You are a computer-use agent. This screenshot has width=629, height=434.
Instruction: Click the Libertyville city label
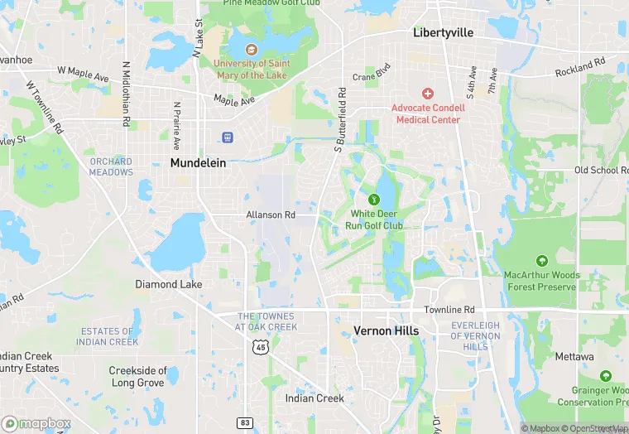[x=443, y=33]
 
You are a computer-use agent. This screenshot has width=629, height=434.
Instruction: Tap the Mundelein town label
[x=198, y=163]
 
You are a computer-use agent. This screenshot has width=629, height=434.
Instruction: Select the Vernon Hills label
[x=386, y=330]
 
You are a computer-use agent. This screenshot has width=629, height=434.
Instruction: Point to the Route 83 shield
[x=245, y=422]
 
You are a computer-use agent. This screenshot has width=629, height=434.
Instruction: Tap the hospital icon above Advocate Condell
[x=427, y=94]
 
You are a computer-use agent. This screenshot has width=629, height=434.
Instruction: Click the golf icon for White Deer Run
[x=374, y=199]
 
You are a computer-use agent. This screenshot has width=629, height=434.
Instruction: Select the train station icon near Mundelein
[x=228, y=137]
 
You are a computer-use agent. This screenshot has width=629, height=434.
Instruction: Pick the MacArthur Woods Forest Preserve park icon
[x=541, y=261]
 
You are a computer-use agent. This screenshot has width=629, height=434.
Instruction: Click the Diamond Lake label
[x=168, y=284]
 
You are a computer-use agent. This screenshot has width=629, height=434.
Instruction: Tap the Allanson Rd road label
[x=271, y=215]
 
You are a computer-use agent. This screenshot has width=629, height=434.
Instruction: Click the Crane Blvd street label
[x=371, y=77]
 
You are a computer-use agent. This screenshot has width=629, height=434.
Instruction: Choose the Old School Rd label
[x=602, y=170]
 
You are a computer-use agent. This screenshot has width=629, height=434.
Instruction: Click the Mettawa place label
[x=574, y=357]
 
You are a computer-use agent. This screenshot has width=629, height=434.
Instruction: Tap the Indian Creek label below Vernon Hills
[x=314, y=398]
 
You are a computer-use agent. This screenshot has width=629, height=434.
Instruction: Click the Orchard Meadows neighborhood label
[x=111, y=166]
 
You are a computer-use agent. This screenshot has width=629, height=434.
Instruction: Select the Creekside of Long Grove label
[x=138, y=377]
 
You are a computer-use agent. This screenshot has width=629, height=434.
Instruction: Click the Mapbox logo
[x=36, y=423]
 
